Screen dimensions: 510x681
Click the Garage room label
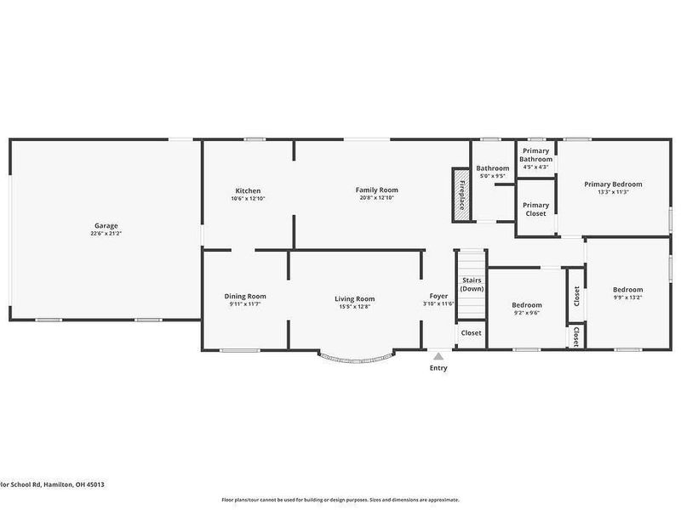tap(106, 225)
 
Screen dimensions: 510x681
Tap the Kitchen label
tap(248, 190)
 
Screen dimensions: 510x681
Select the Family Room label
tap(376, 190)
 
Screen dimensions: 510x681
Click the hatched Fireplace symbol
tap(461, 195)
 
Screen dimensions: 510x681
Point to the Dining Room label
tap(245, 297)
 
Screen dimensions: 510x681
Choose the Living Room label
tap(354, 298)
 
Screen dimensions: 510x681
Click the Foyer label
tap(438, 297)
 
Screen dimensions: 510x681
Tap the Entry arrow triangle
tap(438, 357)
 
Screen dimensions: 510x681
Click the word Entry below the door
tap(438, 368)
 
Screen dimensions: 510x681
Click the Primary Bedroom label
tap(612, 184)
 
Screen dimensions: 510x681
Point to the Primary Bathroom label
tap(535, 156)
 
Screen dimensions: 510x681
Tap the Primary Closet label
tap(535, 209)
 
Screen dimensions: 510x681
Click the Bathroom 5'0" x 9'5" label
tap(492, 173)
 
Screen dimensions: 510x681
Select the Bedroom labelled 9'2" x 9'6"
tap(526, 308)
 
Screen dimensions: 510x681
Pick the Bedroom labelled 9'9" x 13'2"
tap(628, 293)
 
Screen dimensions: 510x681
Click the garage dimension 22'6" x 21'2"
tap(106, 233)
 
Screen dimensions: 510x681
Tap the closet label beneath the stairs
tap(471, 333)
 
